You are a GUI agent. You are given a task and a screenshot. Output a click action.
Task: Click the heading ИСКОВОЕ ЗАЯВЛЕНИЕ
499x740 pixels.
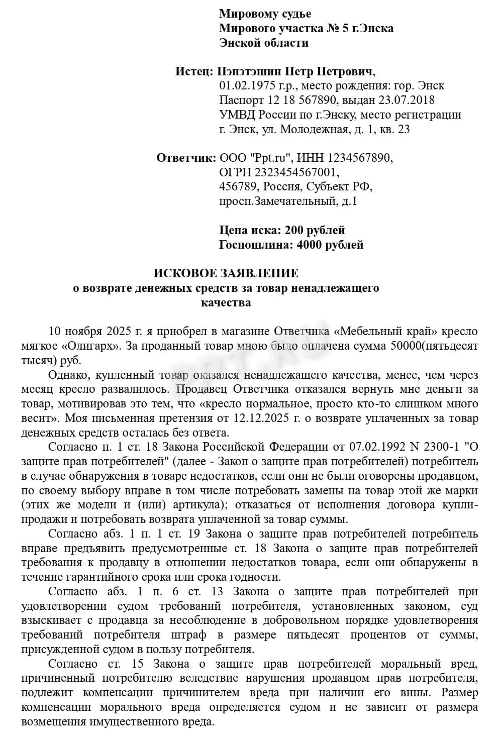[x=226, y=273]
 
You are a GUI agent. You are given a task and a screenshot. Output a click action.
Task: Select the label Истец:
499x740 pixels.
[x=195, y=71]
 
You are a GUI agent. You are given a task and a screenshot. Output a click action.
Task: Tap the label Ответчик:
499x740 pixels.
[x=186, y=158]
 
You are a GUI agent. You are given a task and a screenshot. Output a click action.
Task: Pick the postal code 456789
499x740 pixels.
[x=238, y=187]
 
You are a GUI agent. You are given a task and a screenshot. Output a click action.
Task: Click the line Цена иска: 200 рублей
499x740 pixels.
[x=282, y=231]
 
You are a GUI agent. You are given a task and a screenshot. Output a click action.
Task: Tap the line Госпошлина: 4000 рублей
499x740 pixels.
[x=291, y=245]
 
